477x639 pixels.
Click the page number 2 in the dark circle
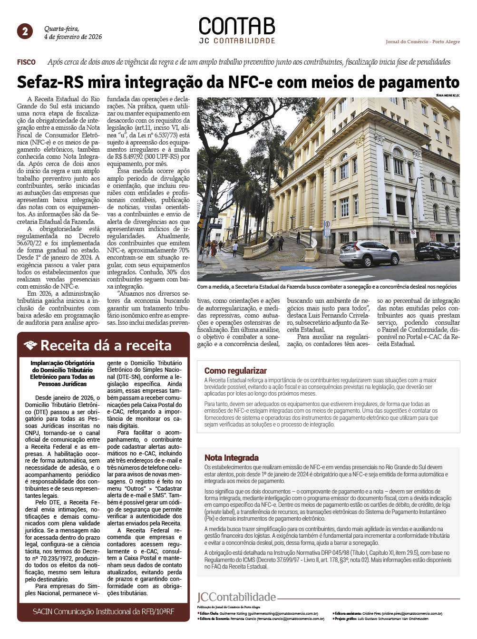tap(25, 31)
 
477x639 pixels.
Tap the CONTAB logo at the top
tap(237, 27)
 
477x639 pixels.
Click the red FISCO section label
tap(26, 62)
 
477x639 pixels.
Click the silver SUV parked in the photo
tap(369, 253)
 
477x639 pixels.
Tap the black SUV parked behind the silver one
tap(435, 250)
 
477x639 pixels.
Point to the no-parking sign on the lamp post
tap(413, 234)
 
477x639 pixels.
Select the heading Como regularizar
tap(235, 371)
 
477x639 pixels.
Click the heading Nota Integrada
tap(232, 458)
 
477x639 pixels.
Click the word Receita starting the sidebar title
tap(61, 346)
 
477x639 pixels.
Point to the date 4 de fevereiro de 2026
tap(73, 37)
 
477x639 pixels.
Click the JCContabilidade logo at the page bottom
tap(236, 597)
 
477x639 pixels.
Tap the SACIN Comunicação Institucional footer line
tap(103, 611)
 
